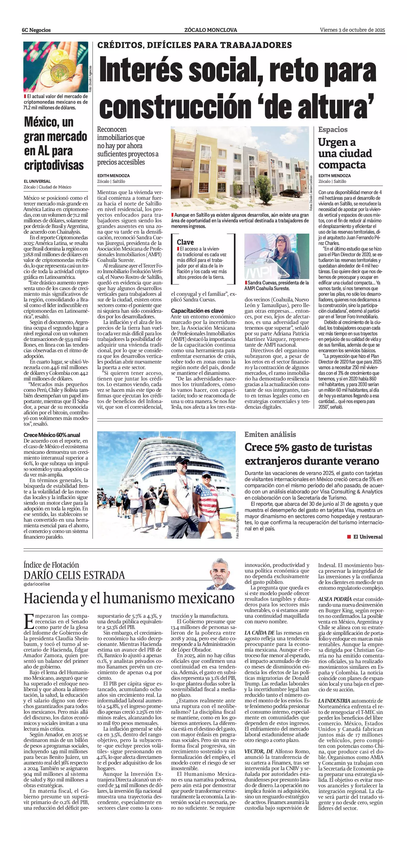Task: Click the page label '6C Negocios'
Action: coord(36,30)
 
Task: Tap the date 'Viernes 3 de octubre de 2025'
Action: coord(352,30)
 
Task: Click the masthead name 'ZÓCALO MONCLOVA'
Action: coord(210,30)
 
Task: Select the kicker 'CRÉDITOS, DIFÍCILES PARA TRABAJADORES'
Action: coord(194,45)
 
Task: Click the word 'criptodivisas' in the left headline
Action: coord(54,165)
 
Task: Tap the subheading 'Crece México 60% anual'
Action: coord(52,435)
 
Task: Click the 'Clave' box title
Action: coord(185,242)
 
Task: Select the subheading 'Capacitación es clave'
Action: coord(197,310)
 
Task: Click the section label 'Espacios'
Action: coord(333,130)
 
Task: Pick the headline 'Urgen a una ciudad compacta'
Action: coord(345,154)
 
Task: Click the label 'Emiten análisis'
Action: coord(270,434)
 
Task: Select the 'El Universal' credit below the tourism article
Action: coord(368,537)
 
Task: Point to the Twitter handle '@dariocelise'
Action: coord(37,584)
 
